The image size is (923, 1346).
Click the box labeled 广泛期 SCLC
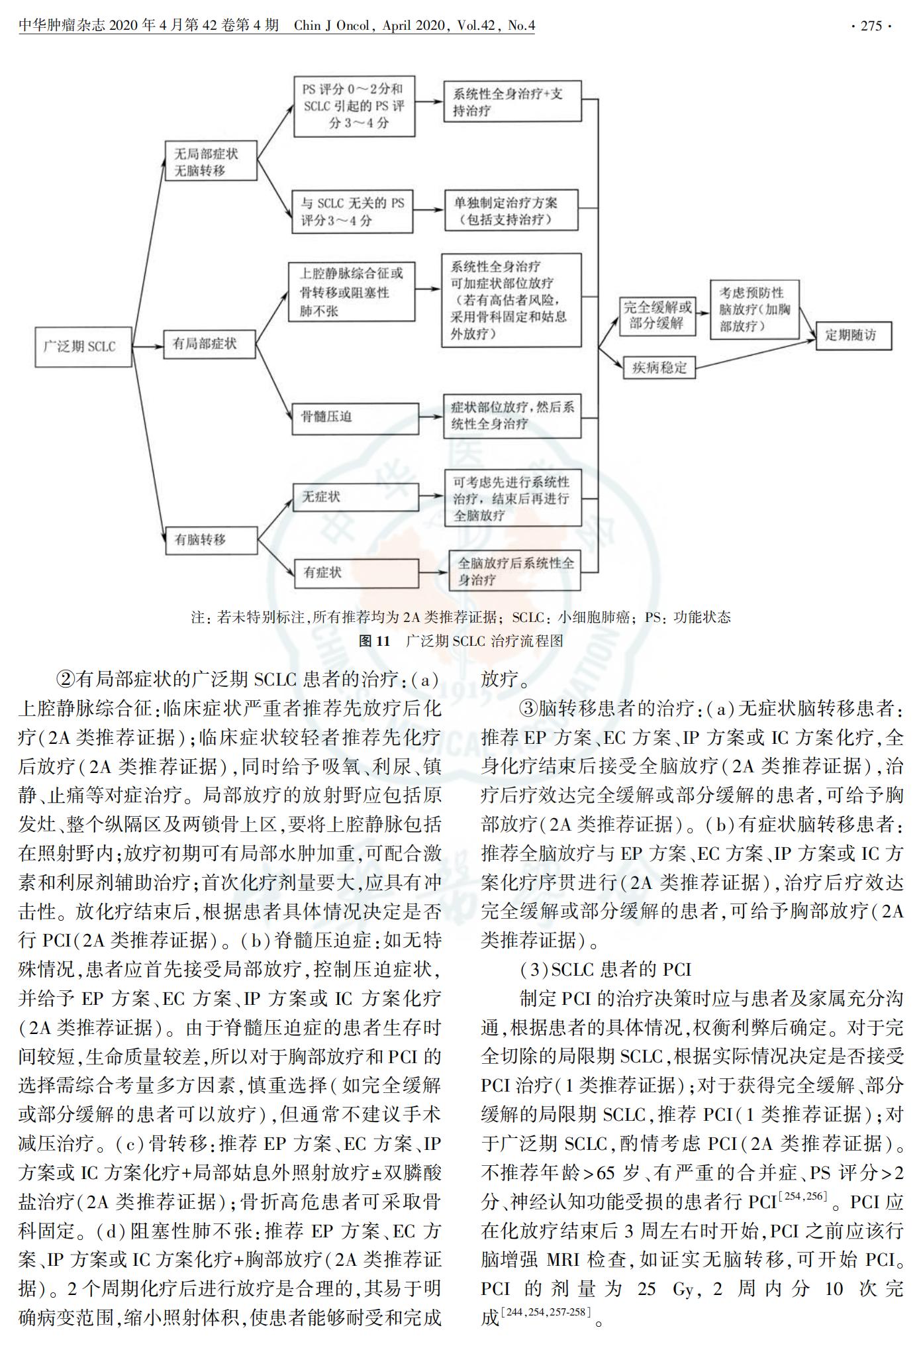click(83, 346)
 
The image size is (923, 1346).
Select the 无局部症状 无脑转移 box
click(211, 162)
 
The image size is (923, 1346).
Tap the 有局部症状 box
click(210, 344)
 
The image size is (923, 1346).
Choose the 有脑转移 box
click(210, 540)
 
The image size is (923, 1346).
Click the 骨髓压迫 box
click(355, 417)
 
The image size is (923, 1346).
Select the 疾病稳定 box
click(659, 366)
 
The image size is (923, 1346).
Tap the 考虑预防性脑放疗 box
click(754, 309)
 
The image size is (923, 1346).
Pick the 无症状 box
click(356, 497)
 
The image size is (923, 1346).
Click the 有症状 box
click(356, 572)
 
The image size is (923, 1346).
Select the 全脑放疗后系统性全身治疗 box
click(514, 572)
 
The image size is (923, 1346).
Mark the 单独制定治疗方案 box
click(511, 211)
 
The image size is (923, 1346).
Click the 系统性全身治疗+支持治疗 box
click(513, 101)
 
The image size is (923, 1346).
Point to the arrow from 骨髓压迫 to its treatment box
click(431, 417)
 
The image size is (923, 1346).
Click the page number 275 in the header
click(871, 26)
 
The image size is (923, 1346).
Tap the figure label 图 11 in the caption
click(373, 641)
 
